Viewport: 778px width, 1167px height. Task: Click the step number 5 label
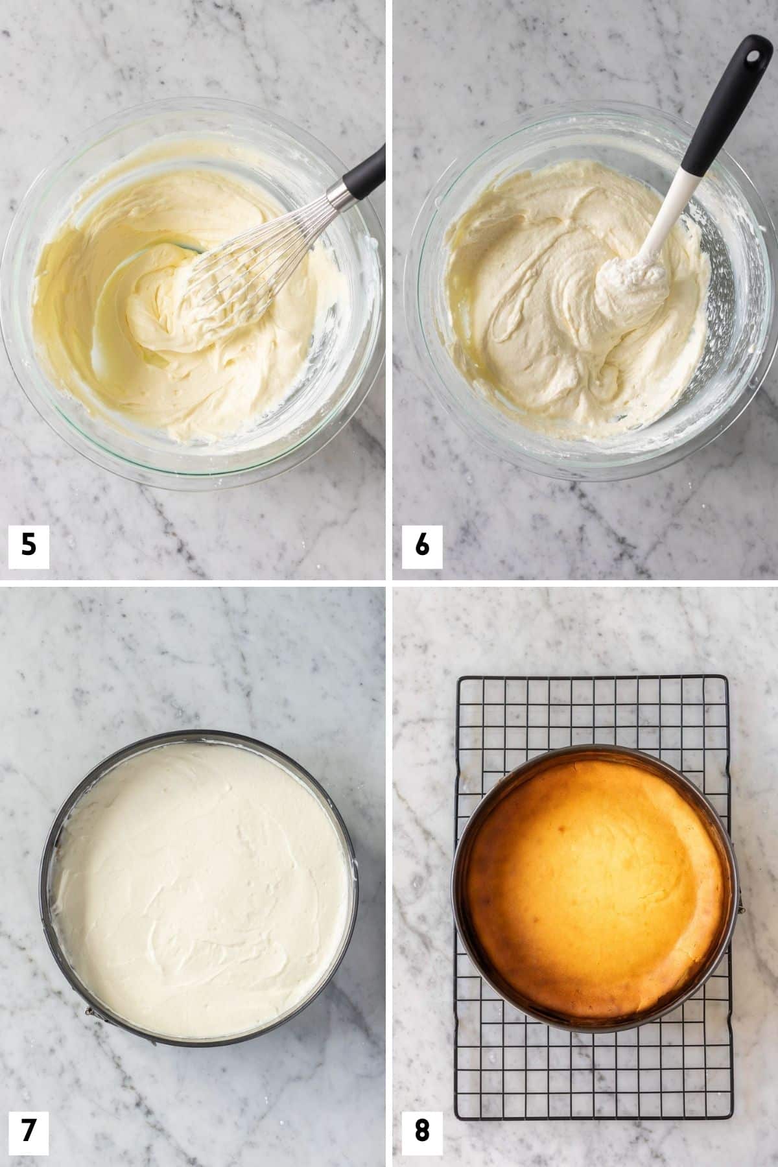point(29,545)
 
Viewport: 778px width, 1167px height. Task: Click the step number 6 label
point(421,545)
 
